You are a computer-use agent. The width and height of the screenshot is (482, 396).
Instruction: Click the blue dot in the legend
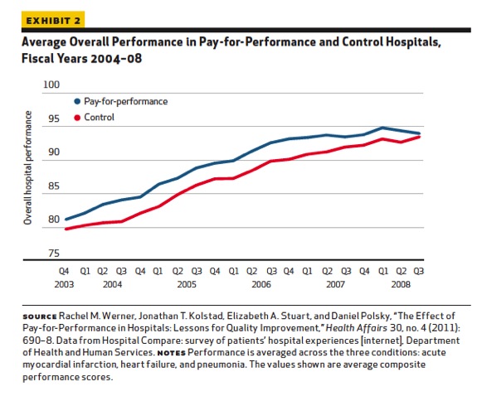pyautogui.click(x=77, y=101)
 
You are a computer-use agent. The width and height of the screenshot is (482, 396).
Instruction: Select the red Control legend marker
pyautogui.click(x=77, y=118)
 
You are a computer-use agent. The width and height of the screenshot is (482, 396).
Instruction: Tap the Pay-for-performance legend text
pyautogui.click(x=126, y=101)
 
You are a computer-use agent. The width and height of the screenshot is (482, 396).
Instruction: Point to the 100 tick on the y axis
pyautogui.click(x=52, y=85)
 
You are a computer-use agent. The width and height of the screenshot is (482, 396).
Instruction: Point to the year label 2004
pyautogui.click(x=111, y=283)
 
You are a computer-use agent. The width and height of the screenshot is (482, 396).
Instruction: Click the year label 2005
pyautogui.click(x=187, y=283)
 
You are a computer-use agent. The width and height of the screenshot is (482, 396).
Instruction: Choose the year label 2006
pyautogui.click(x=261, y=283)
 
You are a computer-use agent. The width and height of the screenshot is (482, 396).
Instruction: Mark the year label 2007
pyautogui.click(x=335, y=283)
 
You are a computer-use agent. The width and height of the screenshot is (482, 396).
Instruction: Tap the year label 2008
pyautogui.click(x=402, y=283)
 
